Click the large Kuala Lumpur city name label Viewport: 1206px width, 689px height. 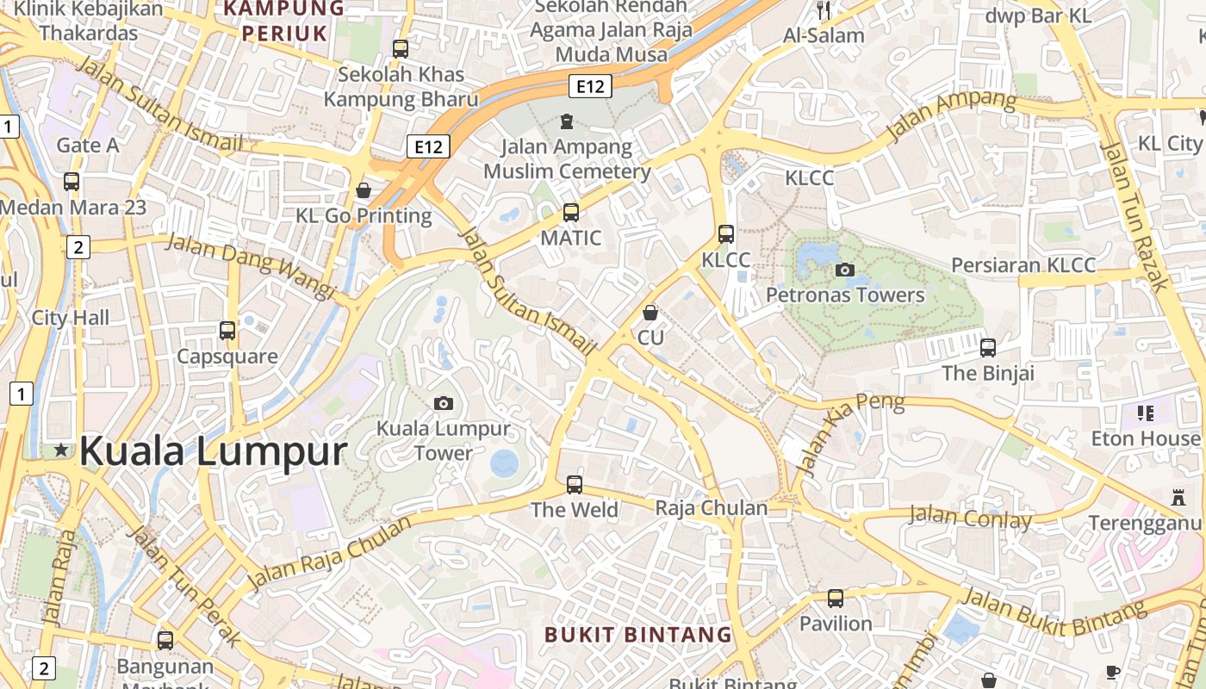[214, 451]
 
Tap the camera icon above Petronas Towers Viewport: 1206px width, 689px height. [845, 270]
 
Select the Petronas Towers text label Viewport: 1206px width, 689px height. [845, 295]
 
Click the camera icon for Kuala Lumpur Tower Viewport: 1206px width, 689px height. [444, 403]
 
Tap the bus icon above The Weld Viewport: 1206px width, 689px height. [575, 484]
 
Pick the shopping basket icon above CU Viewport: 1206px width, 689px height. [650, 312]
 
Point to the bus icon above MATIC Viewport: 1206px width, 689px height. [570, 212]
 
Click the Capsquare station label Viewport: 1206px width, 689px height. [227, 356]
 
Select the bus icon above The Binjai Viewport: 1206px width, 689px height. [988, 348]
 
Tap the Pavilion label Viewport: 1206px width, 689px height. [836, 623]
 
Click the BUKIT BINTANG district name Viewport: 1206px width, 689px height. [638, 636]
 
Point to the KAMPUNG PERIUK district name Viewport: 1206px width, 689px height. [284, 21]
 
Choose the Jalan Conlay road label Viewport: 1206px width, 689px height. [970, 518]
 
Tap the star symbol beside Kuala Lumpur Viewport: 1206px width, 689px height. [61, 450]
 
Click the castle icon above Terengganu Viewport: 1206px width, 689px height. [1178, 497]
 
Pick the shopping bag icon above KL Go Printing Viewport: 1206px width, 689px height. [364, 189]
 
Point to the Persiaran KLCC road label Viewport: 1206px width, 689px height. [1023, 264]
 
